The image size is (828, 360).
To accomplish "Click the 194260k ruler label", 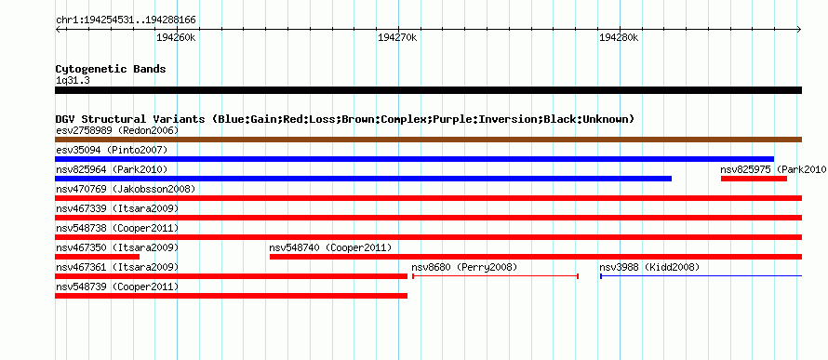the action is click(177, 38).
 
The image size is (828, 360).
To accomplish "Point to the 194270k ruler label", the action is click(397, 38).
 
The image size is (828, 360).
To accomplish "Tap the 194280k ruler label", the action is click(619, 38).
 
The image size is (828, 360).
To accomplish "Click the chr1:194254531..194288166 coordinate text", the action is click(126, 20).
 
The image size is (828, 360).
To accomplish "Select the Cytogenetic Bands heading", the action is click(111, 69).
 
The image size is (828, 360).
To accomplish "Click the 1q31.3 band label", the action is click(72, 81).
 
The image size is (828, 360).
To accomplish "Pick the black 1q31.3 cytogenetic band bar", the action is click(428, 90).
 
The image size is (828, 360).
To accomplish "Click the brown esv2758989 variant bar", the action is click(428, 140).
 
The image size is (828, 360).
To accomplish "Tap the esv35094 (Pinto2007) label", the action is click(112, 150).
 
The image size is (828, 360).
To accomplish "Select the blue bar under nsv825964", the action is click(364, 179).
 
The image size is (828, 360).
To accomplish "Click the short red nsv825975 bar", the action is click(754, 179).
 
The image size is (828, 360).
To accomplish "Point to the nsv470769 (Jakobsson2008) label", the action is click(126, 189).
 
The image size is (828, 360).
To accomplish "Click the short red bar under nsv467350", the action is click(97, 257).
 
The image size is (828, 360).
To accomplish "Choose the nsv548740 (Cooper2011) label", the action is click(330, 248).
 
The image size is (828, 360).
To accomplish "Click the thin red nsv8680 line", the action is click(495, 276).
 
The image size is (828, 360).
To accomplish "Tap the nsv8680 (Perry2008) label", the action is click(464, 268).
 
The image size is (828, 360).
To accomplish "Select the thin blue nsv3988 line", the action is click(701, 276).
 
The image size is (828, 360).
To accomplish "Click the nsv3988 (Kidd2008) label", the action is click(649, 268).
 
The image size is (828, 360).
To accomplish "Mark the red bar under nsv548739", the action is click(232, 296).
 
